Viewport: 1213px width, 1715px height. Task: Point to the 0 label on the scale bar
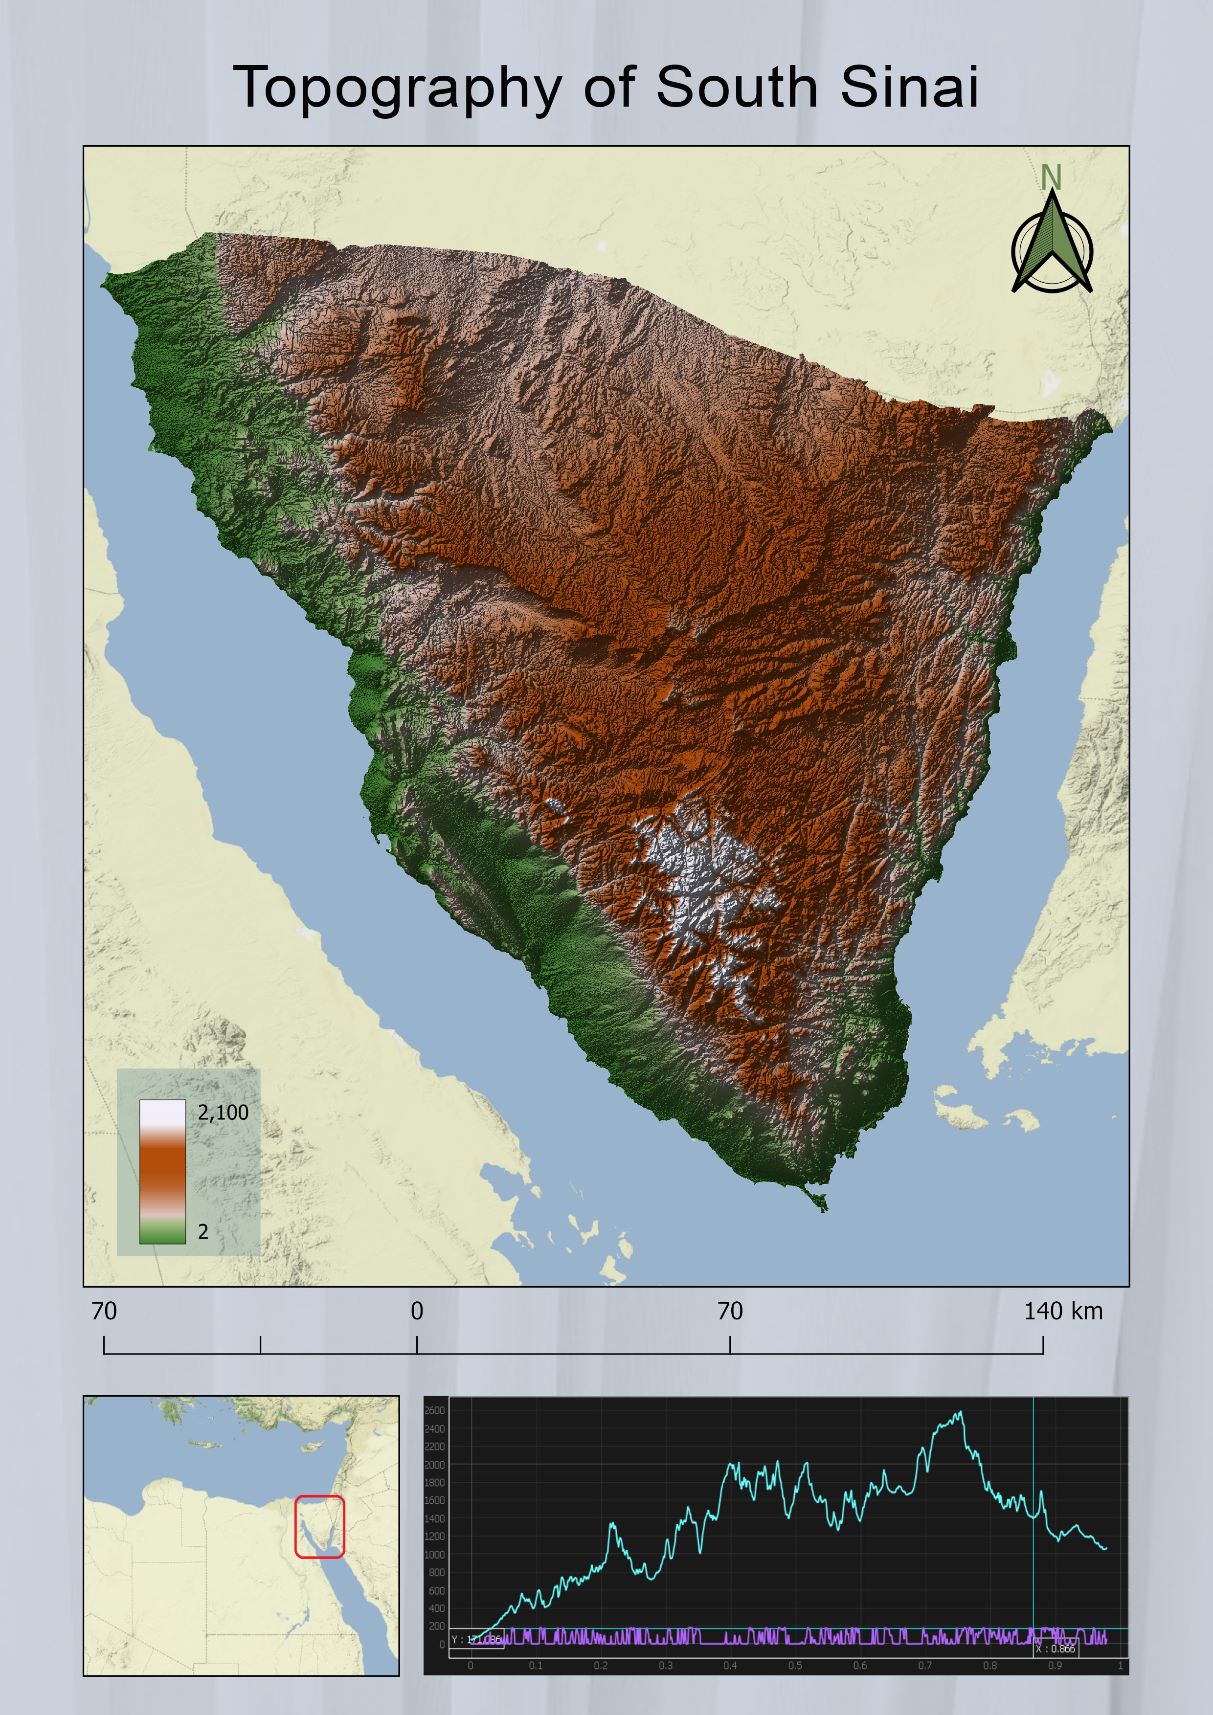tap(417, 1311)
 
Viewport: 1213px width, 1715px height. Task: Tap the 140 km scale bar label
tap(1063, 1311)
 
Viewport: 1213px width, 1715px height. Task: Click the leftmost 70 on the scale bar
tap(104, 1311)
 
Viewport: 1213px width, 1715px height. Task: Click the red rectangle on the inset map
tap(320, 1527)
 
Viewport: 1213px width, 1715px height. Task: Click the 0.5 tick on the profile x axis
tap(795, 1666)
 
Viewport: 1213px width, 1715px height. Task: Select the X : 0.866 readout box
tap(1056, 1648)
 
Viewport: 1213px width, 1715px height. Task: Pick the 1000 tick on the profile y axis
tap(434, 1555)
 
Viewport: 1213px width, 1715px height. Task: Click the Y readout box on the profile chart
tap(476, 1640)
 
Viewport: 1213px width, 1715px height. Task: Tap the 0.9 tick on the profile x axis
tap(1055, 1666)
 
